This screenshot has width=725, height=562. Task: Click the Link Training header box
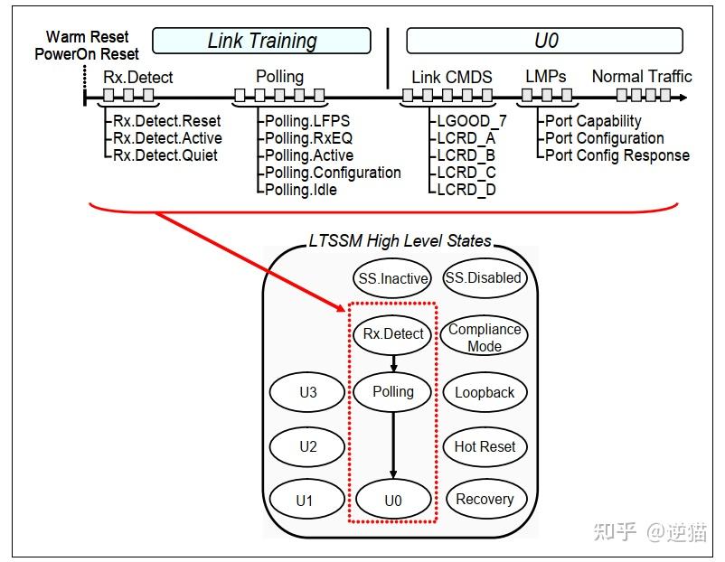261,41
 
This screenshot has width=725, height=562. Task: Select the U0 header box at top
544,41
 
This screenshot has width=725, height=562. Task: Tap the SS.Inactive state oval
392,279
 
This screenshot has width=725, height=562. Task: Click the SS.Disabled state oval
485,278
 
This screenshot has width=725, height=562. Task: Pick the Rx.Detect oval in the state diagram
392,334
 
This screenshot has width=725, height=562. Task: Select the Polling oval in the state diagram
392,392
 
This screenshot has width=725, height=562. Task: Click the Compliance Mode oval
485,336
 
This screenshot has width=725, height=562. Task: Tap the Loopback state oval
485,393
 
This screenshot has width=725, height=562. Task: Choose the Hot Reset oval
485,446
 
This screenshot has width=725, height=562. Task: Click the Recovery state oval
485,500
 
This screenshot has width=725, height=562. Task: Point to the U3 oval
308,393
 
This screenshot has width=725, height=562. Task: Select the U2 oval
308,446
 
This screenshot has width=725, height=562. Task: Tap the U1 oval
308,500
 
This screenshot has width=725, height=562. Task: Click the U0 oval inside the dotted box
392,500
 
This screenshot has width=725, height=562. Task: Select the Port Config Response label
617,155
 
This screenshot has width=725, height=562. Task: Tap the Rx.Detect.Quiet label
165,155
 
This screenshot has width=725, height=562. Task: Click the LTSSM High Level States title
400,241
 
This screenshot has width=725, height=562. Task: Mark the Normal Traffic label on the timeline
642,77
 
